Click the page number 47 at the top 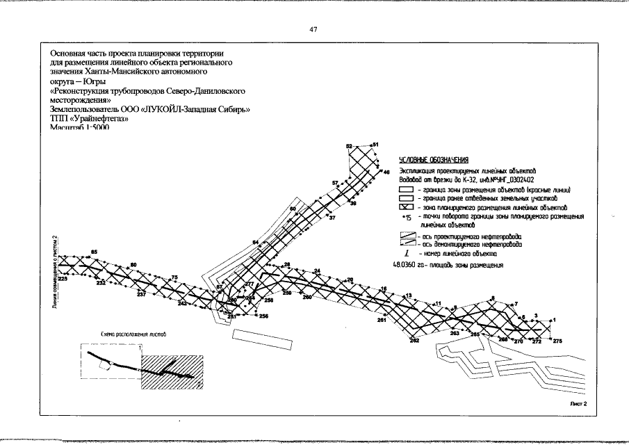(313, 29)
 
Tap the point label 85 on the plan (94, 251)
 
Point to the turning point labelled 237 (141, 295)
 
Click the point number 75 (174, 277)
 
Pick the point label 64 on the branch (256, 241)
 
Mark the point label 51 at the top (375, 145)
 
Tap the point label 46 (386, 172)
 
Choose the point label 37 (332, 218)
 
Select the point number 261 (381, 321)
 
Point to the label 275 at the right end (557, 341)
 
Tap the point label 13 (409, 296)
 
